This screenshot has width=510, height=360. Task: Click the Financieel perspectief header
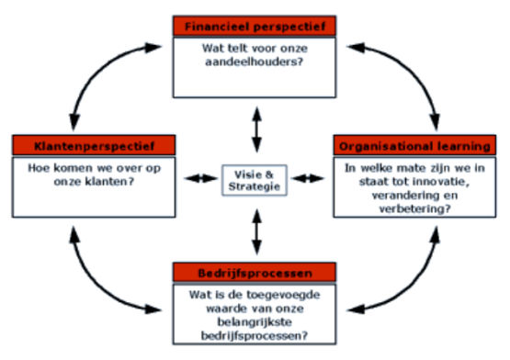pyautogui.click(x=254, y=26)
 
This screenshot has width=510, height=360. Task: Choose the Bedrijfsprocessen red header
pyautogui.click(x=254, y=274)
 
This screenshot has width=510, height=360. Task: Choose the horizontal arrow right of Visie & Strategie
pyautogui.click(x=308, y=177)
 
